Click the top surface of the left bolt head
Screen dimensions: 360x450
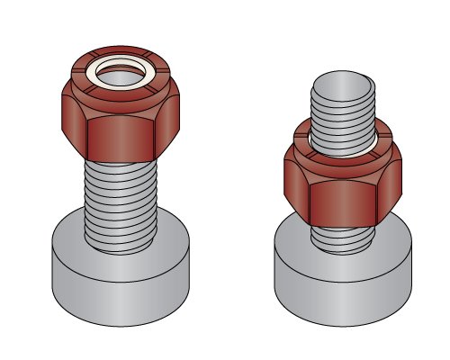pos(67,238)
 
